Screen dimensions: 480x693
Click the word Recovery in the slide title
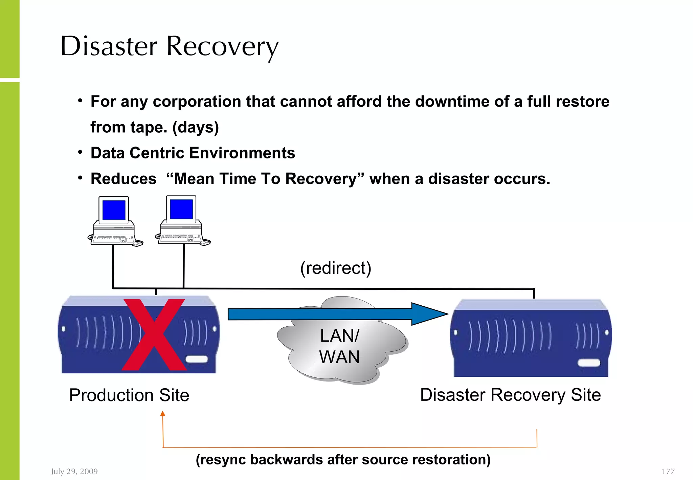coord(222,47)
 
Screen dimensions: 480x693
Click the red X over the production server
coord(154,335)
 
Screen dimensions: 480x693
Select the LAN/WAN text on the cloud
coord(339,346)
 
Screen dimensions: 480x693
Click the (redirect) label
coord(336,268)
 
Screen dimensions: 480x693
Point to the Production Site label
coord(129,395)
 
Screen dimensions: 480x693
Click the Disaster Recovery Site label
coord(510,395)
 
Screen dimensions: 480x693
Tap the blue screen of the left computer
coord(114,210)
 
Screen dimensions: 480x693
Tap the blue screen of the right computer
coord(181,209)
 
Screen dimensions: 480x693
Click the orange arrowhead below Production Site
coord(163,413)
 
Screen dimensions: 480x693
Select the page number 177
coord(668,471)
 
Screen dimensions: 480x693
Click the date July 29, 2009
coord(74,471)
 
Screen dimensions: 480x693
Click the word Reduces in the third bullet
coord(124,179)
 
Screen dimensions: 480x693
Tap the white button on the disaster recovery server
coord(589,363)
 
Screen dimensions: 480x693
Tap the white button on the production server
coord(197,359)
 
